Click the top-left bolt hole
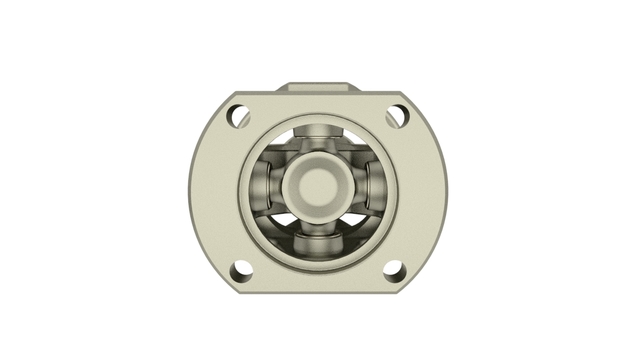point(240,116)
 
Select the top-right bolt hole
point(397,116)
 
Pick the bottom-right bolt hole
point(393,270)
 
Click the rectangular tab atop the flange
point(318,91)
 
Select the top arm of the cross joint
point(318,136)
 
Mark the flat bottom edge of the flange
point(318,289)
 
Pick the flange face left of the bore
point(215,190)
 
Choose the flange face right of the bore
point(420,190)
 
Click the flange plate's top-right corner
point(410,100)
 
